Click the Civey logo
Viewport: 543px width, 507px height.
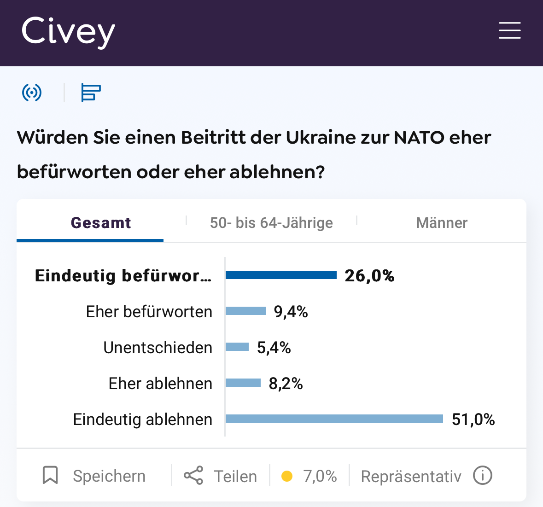point(68,32)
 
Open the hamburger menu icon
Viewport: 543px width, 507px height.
point(509,30)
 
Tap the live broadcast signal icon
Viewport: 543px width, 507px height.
point(32,93)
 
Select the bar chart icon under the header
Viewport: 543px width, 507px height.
point(91,93)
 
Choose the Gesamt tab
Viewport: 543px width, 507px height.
point(101,223)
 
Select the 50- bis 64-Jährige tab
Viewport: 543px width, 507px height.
point(271,223)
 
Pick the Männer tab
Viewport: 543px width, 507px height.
point(441,223)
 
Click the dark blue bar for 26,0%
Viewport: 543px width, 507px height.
point(281,275)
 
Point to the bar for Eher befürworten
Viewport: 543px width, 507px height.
point(245,311)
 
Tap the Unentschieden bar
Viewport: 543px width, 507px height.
point(237,347)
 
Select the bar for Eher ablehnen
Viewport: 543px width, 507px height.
point(243,383)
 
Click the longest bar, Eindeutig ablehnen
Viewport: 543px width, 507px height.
point(334,419)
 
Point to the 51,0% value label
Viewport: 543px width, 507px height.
point(473,420)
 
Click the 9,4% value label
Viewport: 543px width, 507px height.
point(291,312)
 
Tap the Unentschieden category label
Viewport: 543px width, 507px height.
point(158,348)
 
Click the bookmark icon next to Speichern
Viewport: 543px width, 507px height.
point(50,475)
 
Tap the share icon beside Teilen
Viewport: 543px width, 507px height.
point(193,475)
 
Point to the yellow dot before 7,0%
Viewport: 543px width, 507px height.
point(287,476)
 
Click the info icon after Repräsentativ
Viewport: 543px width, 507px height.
point(483,475)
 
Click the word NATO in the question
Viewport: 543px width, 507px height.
point(419,137)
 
